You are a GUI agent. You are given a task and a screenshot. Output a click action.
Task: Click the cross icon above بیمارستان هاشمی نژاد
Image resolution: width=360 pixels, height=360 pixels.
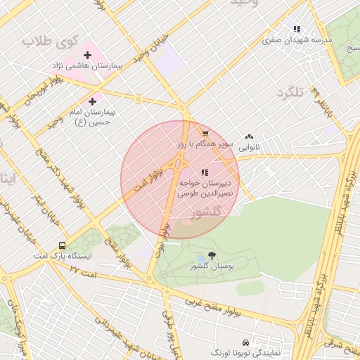click(87, 55)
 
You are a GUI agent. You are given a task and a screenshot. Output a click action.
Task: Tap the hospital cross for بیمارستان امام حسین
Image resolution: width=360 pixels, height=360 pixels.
click(92, 101)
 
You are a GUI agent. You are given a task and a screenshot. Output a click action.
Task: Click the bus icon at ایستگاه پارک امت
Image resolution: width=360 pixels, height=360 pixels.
click(63, 246)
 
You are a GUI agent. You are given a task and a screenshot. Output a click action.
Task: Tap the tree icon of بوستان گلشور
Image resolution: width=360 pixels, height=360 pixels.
click(212, 256)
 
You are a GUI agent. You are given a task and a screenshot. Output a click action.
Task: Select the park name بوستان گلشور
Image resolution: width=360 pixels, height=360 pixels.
click(212, 266)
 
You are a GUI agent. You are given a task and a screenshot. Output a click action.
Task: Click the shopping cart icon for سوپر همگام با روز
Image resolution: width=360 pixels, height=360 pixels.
click(205, 133)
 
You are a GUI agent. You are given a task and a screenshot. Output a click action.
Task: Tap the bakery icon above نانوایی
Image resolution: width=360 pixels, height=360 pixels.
click(249, 138)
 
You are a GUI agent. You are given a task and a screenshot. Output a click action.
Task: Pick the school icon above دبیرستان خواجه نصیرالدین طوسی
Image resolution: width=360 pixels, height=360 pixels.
click(205, 172)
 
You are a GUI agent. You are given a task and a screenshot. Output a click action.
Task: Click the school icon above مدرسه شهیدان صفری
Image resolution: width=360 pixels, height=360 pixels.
click(297, 30)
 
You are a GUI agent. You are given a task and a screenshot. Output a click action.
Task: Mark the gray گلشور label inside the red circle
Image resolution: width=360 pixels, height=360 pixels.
click(207, 211)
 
